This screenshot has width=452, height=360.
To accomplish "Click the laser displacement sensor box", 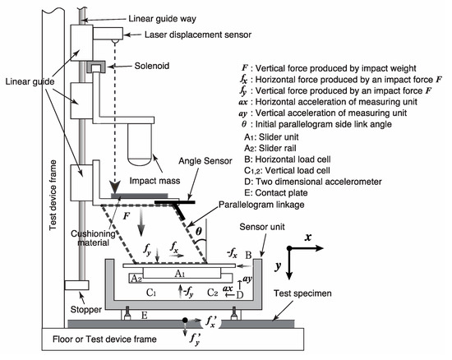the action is (108, 34).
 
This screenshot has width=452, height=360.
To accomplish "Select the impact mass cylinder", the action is (140, 145).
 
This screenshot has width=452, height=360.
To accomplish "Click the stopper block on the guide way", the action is (76, 285).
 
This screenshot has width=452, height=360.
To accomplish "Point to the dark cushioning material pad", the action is (139, 196).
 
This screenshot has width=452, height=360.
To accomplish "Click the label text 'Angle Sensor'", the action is (205, 161).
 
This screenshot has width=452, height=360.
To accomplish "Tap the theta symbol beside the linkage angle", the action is (199, 231).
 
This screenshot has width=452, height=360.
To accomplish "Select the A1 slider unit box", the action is (182, 273).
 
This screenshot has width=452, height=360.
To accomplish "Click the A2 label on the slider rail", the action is (136, 279).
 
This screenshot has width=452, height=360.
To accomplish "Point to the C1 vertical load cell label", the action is (151, 293).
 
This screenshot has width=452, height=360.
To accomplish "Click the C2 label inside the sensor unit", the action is (213, 293).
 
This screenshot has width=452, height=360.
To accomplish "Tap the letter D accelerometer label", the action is (239, 295).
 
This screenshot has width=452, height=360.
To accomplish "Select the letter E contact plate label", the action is (145, 316).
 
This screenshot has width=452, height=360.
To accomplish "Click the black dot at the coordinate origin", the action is (289, 248).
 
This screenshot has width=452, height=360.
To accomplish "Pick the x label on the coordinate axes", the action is (308, 237).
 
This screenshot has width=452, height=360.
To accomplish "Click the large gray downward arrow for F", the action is (141, 222).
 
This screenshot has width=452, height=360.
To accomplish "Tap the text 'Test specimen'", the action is (302, 293).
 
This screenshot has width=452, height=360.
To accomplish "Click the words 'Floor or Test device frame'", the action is (104, 339).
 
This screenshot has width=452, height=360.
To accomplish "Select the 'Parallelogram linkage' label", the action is (261, 205).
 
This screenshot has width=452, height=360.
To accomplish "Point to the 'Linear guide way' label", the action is (162, 19).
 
